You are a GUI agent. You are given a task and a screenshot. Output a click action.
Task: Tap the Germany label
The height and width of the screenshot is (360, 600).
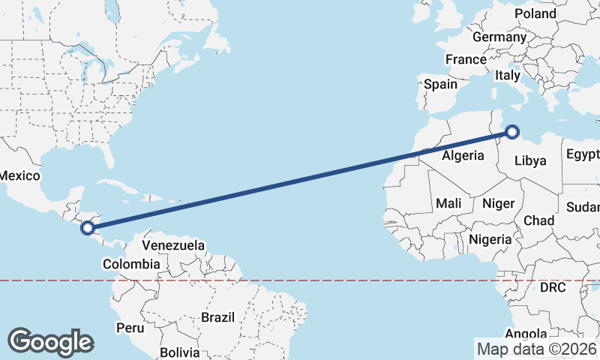pyautogui.click(x=499, y=37)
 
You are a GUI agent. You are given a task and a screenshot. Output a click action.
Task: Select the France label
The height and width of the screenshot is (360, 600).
pyautogui.click(x=466, y=59)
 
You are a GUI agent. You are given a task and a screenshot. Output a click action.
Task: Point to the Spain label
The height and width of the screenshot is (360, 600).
pyautogui.click(x=440, y=84)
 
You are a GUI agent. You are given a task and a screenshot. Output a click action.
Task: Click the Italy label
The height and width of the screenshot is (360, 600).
pyautogui.click(x=508, y=76)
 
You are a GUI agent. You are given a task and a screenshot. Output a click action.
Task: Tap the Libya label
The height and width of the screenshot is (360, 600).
pyautogui.click(x=532, y=160)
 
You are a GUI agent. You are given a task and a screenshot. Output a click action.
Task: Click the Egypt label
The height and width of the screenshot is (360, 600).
pyautogui.click(x=583, y=154)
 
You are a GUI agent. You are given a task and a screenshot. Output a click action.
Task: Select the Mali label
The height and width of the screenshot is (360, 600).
pyautogui.click(x=448, y=203)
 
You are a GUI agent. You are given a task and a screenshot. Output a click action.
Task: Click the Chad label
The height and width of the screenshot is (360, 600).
pyautogui.click(x=538, y=220)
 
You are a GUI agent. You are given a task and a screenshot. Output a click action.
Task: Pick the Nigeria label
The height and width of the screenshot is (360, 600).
pyautogui.click(x=490, y=239)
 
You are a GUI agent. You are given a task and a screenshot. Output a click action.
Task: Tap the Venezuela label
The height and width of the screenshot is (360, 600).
pyautogui.click(x=173, y=245)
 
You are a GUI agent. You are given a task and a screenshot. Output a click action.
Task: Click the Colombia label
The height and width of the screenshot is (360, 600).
pyautogui.click(x=131, y=264)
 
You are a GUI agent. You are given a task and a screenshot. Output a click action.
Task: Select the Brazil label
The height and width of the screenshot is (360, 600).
pyautogui.click(x=218, y=317)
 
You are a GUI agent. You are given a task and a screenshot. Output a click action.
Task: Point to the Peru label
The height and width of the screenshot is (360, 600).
pyautogui.click(x=130, y=328)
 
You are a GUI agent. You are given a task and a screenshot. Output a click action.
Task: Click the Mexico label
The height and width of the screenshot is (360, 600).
pyautogui.click(x=19, y=175)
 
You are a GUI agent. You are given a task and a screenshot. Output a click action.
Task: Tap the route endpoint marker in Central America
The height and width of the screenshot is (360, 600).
pyautogui.click(x=88, y=226)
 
